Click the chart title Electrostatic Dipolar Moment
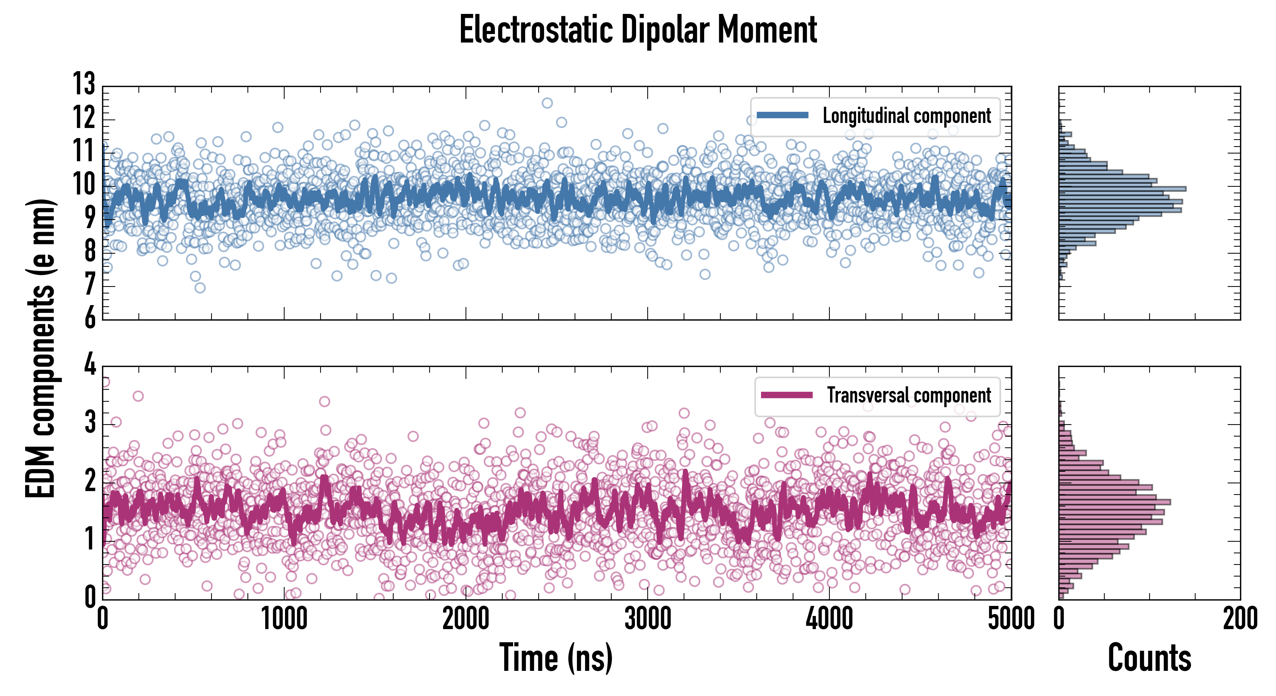[x=638, y=30]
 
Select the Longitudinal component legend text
[x=906, y=116]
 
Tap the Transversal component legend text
[x=909, y=395]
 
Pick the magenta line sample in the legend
[x=786, y=395]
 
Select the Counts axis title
[x=1149, y=658]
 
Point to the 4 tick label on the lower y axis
[x=90, y=365]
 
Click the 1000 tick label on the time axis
[x=284, y=619]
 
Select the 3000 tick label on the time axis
[x=647, y=619]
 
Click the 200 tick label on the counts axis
[x=1240, y=619]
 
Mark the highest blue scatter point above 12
[x=547, y=103]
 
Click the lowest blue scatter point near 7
[x=200, y=288]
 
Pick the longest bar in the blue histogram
[x=1122, y=189]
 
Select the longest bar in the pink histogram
[x=1114, y=502]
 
